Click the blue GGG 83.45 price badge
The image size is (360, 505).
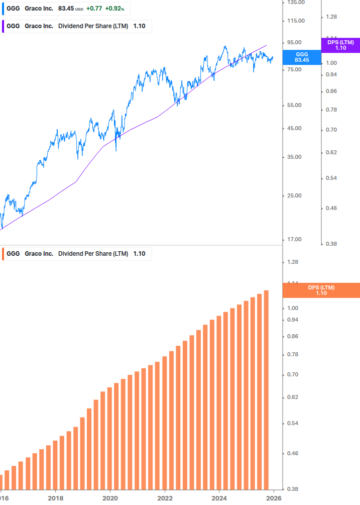point(302,57)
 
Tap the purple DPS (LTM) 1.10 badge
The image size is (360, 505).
point(340,45)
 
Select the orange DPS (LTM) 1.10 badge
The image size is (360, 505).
point(321,290)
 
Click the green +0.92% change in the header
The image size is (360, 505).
point(114,9)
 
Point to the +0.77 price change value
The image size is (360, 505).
point(93,9)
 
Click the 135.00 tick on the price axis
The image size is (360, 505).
point(295,3)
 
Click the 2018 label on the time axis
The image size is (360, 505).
point(55,498)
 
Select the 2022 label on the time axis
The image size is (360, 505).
point(165,498)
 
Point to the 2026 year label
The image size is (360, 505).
point(273,498)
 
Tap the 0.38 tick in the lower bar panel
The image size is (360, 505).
point(293,489)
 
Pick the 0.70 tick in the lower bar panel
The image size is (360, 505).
point(293,374)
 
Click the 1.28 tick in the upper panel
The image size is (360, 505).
point(331,17)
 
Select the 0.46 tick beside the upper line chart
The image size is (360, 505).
point(331,208)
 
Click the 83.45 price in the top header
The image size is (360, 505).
point(66,9)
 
